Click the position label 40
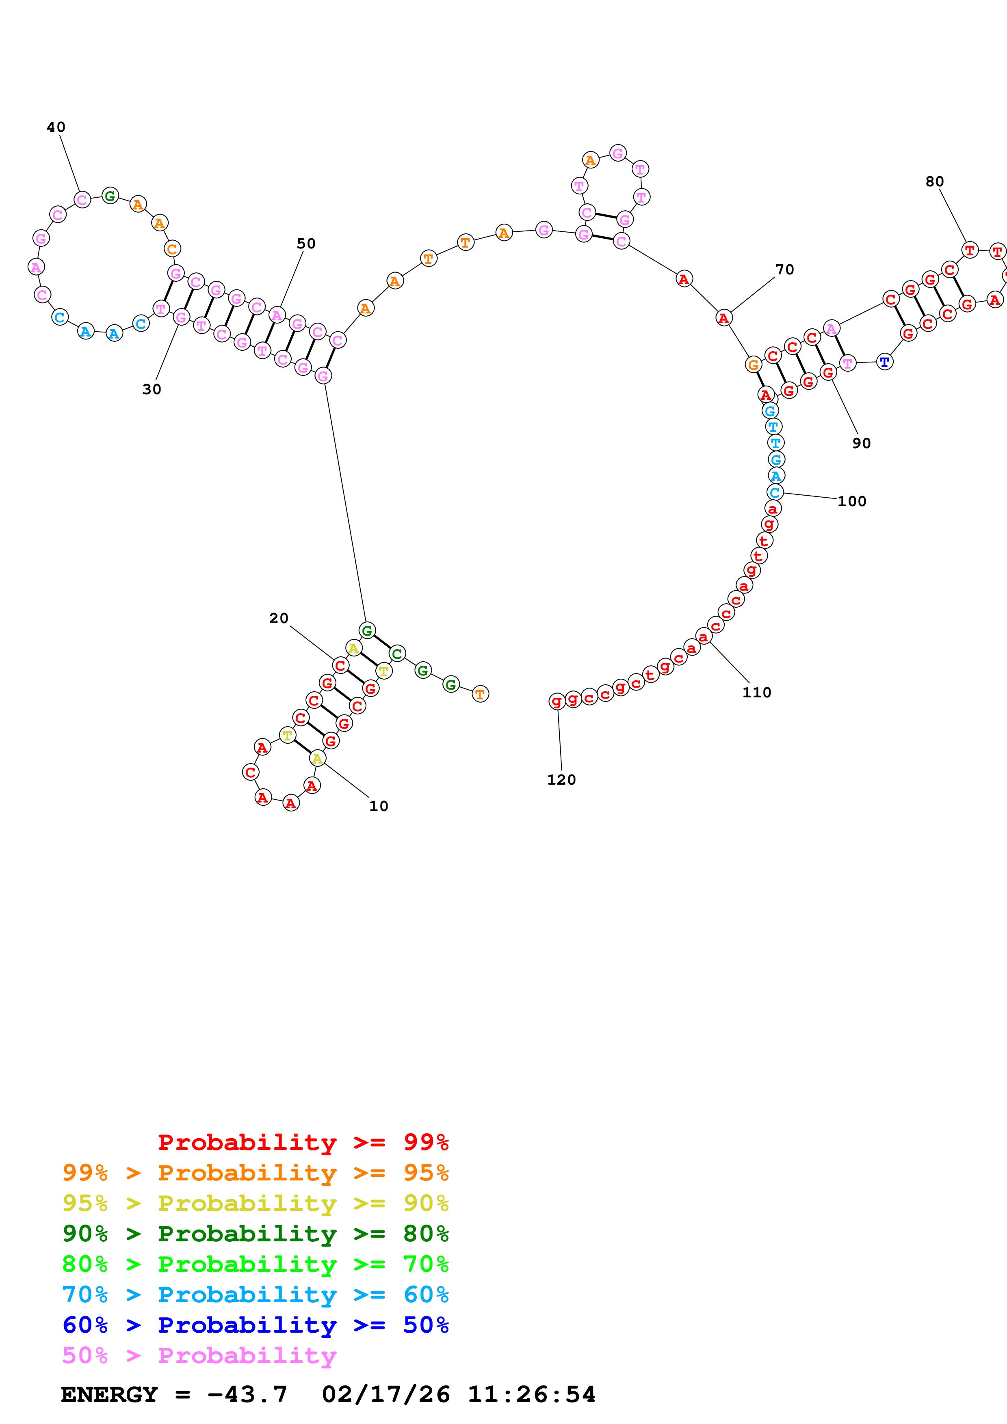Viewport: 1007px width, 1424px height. [56, 127]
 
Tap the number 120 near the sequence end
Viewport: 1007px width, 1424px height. [561, 780]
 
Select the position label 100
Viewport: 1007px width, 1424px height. [851, 501]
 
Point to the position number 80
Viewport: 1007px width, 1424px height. [934, 182]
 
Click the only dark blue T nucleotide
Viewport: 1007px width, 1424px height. [884, 362]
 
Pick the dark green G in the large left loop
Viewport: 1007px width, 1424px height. [110, 196]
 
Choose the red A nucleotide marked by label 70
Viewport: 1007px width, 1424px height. [723, 318]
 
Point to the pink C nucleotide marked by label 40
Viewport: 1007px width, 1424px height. [82, 200]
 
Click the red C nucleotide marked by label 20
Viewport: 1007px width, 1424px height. [340, 665]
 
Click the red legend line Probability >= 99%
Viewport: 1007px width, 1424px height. [303, 1142]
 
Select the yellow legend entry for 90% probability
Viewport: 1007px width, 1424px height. [255, 1203]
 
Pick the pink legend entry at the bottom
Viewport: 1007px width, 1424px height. [199, 1355]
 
